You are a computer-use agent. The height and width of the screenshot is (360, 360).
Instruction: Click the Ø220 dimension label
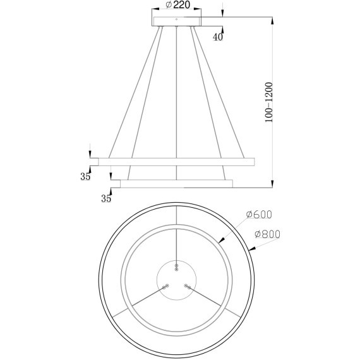[x=177, y=5]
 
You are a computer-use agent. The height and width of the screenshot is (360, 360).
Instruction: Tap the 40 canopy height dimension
[x=218, y=37]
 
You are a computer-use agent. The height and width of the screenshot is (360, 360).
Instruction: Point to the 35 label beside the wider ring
[x=86, y=177]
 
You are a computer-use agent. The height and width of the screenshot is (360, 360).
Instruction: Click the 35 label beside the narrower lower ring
[x=106, y=199]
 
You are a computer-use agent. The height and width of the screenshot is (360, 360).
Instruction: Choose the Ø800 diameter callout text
[x=267, y=234]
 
